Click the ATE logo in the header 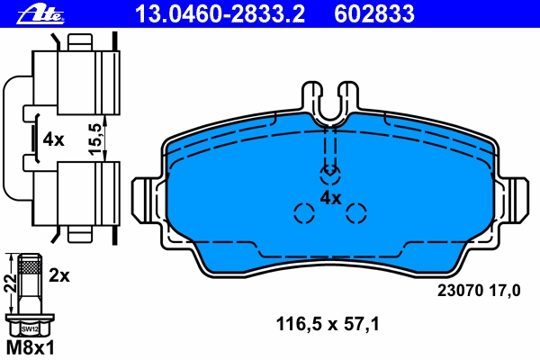pos(40,14)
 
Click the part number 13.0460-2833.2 pos(220,13)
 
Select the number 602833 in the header pos(374,13)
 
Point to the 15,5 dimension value pos(95,139)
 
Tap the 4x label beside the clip pos(53,139)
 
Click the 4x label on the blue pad pos(330,198)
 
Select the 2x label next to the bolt pos(59,275)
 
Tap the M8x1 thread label pos(31,347)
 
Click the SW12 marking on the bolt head pos(30,329)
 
